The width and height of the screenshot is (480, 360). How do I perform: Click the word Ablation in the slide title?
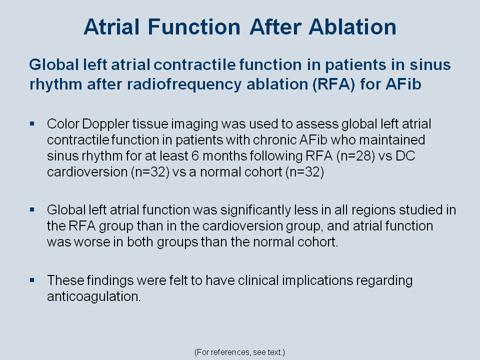(x=352, y=27)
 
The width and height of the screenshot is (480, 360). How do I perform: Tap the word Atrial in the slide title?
(x=111, y=27)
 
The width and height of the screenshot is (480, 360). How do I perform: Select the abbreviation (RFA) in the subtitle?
(x=333, y=84)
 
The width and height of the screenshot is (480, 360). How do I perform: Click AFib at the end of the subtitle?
(x=403, y=84)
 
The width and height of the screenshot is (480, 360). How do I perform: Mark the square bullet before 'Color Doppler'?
(x=32, y=123)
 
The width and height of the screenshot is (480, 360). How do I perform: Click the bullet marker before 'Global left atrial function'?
(x=32, y=209)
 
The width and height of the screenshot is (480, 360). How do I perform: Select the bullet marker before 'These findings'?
(x=32, y=280)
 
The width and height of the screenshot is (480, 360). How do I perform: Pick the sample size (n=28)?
(x=355, y=156)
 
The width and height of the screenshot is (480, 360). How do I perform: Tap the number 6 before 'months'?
(x=195, y=156)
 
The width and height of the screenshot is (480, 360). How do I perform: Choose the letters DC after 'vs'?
(x=405, y=156)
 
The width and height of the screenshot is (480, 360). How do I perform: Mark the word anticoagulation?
(x=93, y=296)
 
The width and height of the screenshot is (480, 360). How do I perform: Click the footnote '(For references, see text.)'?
(x=239, y=352)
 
